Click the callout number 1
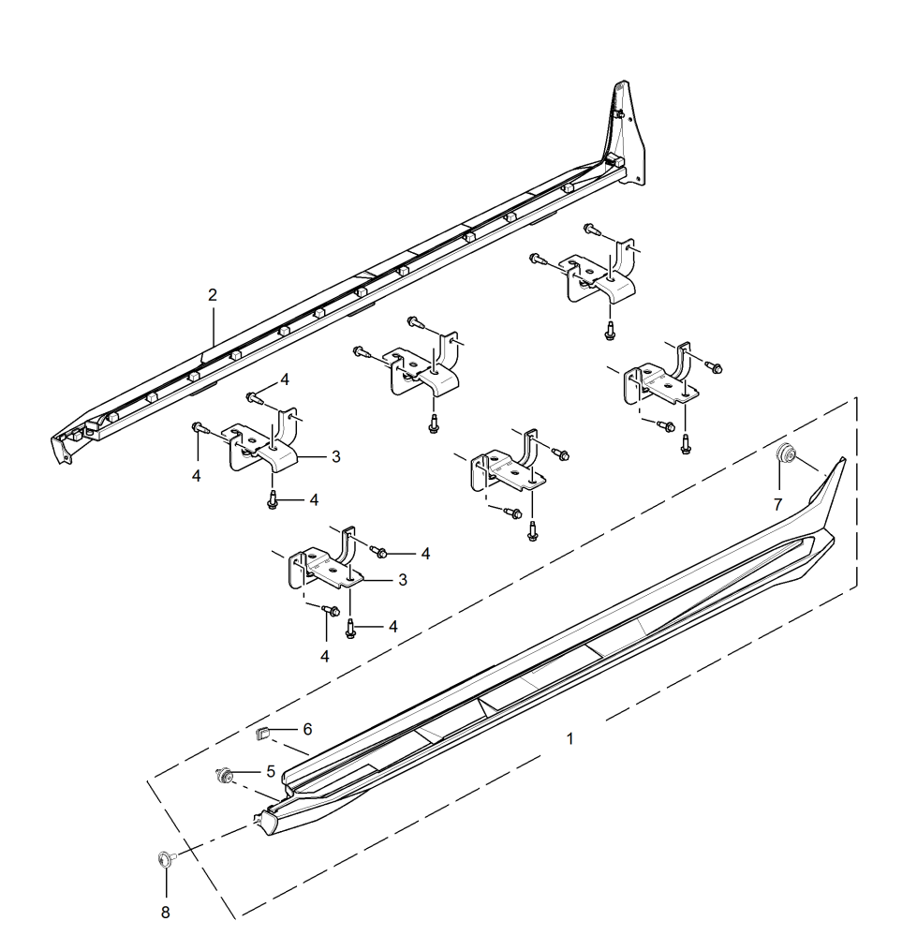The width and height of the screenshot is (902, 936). (x=569, y=739)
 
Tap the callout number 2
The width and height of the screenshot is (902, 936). (x=213, y=295)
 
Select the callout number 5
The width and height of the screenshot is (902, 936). (x=271, y=772)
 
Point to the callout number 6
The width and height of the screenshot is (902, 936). (x=307, y=729)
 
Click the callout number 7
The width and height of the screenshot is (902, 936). (x=777, y=505)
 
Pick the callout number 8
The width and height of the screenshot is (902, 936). (x=166, y=913)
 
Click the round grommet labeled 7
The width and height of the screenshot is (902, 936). (x=785, y=453)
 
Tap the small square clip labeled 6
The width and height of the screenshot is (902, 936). (x=263, y=733)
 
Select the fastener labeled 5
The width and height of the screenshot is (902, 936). (x=224, y=776)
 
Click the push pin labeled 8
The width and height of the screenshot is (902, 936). (x=165, y=858)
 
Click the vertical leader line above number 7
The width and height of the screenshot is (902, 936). (x=779, y=478)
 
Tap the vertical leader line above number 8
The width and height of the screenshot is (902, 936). (x=166, y=884)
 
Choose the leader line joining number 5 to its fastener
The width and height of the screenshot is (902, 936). (x=246, y=772)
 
